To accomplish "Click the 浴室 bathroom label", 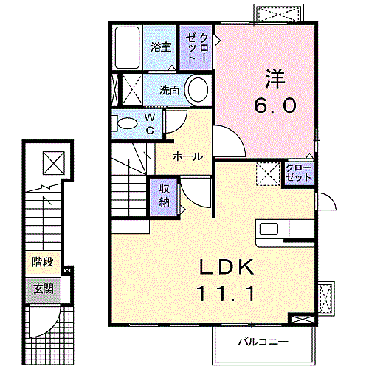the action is point(161,46).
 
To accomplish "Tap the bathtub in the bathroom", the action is point(127,47).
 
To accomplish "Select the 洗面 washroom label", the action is point(169,90).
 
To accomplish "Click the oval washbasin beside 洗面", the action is point(198,89).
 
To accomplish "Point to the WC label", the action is point(150,124).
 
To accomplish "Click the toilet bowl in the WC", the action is point(127,123).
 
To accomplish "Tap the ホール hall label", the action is point(187,156).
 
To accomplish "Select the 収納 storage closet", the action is point(164,196).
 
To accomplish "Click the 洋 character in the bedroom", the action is point(275,79).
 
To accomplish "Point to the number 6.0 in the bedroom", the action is point(275,106).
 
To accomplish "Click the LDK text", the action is point(227,267).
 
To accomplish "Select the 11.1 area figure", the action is point(226,293).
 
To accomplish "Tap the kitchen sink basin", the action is point(269,229).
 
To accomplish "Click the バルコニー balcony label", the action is point(263,342).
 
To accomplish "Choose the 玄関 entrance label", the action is point(44,289).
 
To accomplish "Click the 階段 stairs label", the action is point(43,262).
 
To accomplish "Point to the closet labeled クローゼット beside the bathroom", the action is point(196,47).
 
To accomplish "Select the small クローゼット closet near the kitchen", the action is point(299,173).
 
